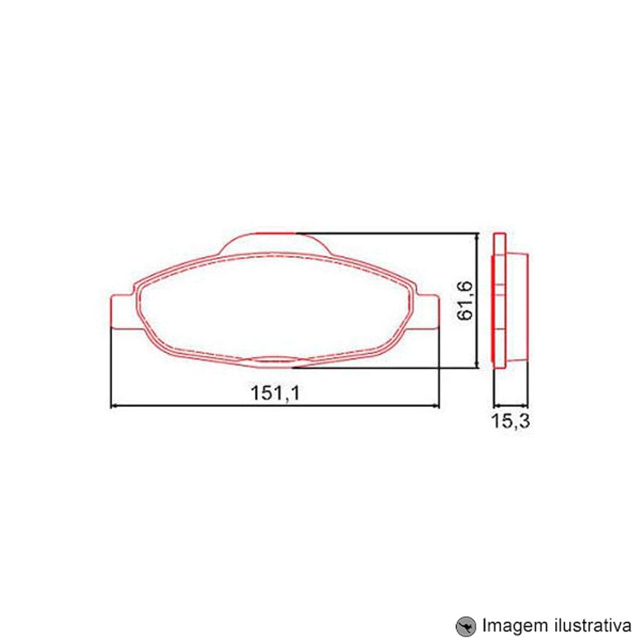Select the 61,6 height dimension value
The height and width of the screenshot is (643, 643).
tap(466, 300)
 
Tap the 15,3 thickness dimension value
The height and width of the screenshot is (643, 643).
tap(511, 422)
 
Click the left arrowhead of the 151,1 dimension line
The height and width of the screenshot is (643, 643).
tap(116, 406)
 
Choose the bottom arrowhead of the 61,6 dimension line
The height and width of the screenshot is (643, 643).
tap(476, 364)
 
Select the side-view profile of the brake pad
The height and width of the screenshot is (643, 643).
tap(509, 300)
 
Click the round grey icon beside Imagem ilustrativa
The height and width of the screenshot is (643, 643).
tap(465, 625)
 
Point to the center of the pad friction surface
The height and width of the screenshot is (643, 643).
tap(275, 303)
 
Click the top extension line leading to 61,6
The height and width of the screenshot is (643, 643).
tap(386, 231)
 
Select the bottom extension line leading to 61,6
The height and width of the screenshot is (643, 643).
tap(386, 368)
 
